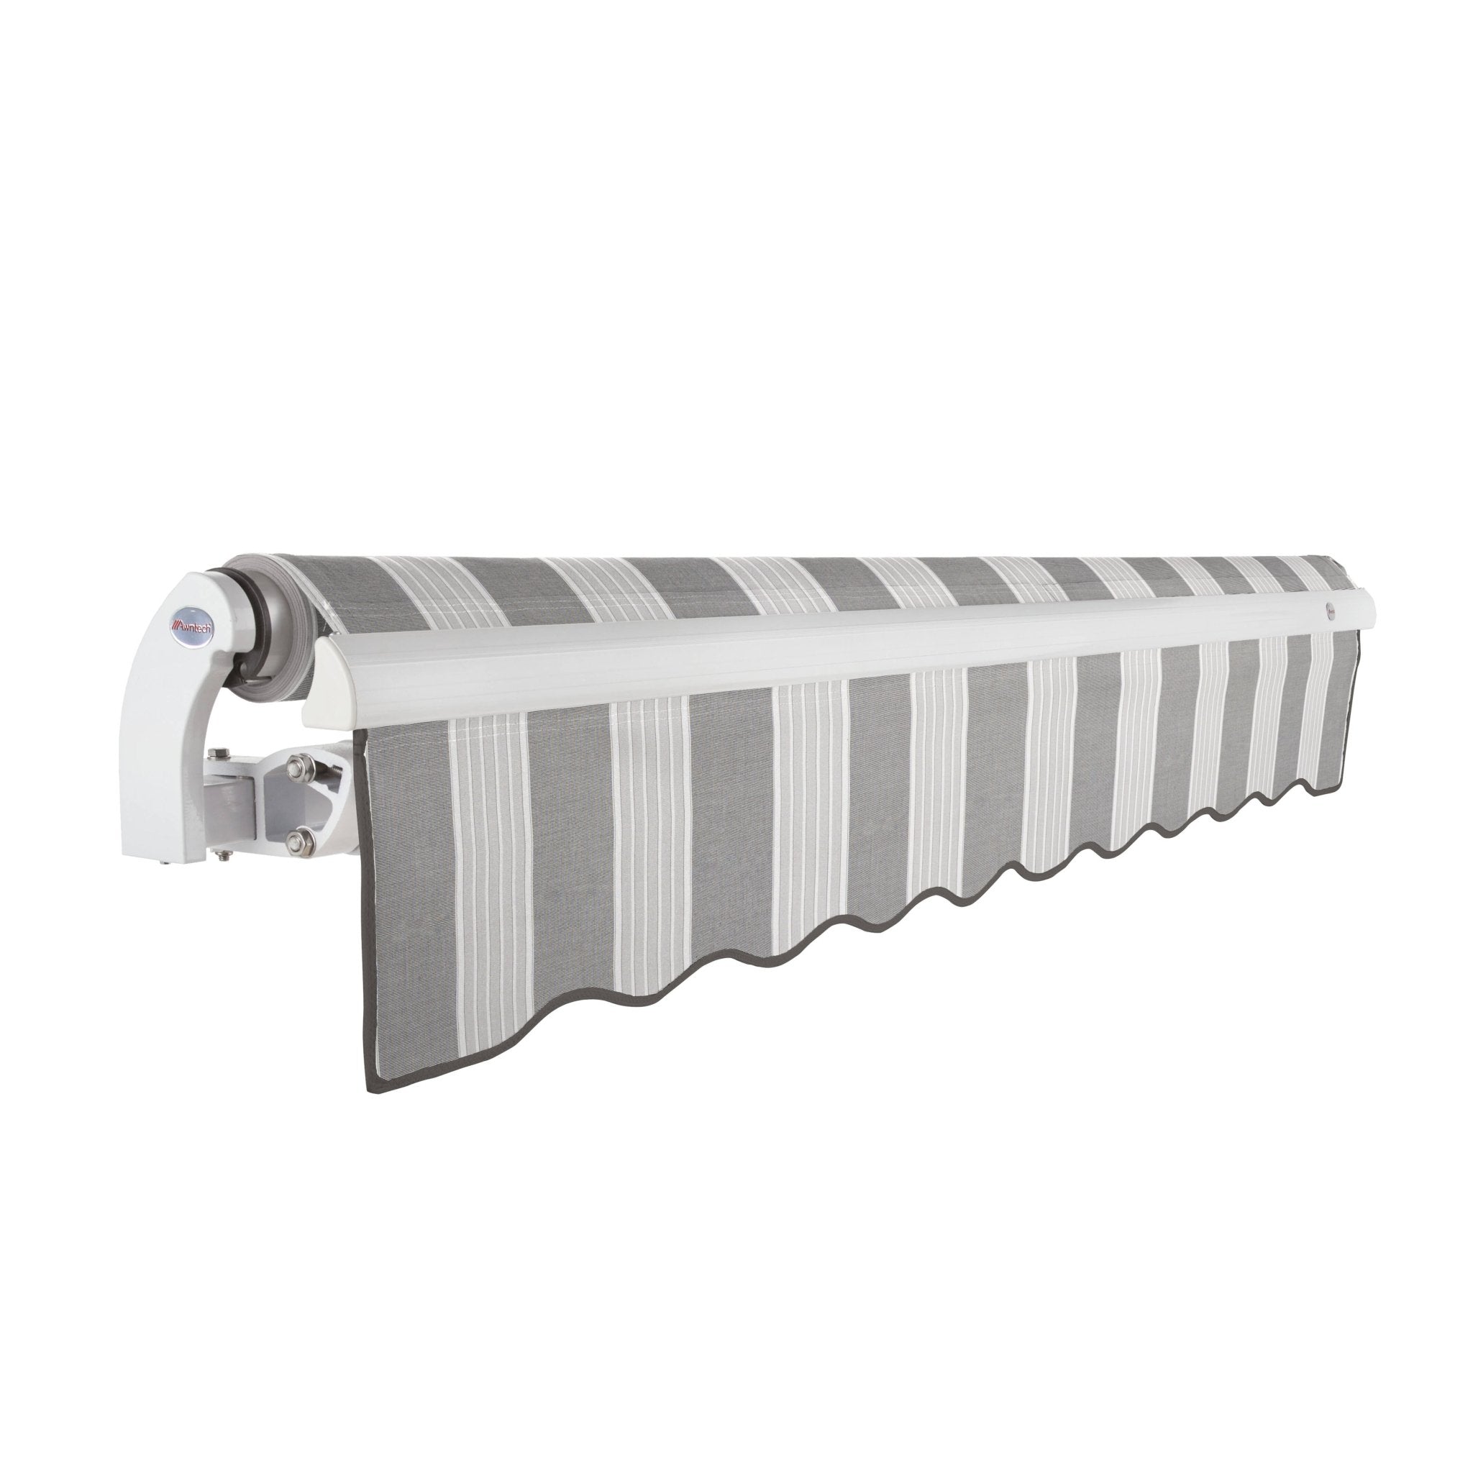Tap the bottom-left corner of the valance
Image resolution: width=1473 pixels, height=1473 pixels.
pos(371,1091)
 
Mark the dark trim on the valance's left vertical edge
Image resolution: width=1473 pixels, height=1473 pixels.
pos(366,915)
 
